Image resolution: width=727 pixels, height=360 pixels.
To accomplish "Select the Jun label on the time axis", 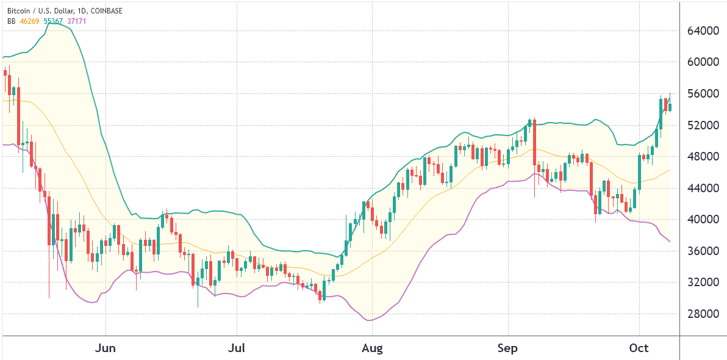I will (106, 348).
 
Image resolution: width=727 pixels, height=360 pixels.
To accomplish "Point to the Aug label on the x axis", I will (371, 348).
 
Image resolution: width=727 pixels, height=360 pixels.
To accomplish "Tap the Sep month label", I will (507, 348).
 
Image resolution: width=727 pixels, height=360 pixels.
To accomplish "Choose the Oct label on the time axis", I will (639, 348).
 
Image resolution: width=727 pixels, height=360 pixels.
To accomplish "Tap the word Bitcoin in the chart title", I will (19, 10).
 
